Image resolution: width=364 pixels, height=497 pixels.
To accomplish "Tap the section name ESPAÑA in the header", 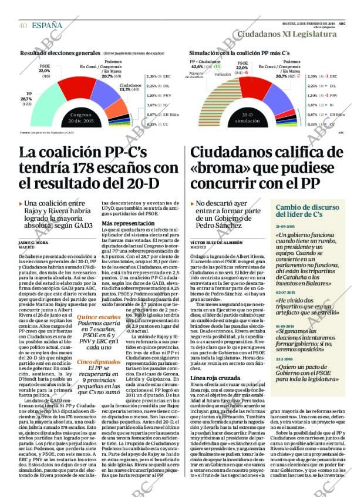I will (47, 25).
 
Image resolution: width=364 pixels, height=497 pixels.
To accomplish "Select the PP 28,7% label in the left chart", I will (27, 99).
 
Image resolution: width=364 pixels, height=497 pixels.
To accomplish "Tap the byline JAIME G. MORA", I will (33, 242).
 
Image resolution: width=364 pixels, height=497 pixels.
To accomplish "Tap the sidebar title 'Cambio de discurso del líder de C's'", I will (308, 211).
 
